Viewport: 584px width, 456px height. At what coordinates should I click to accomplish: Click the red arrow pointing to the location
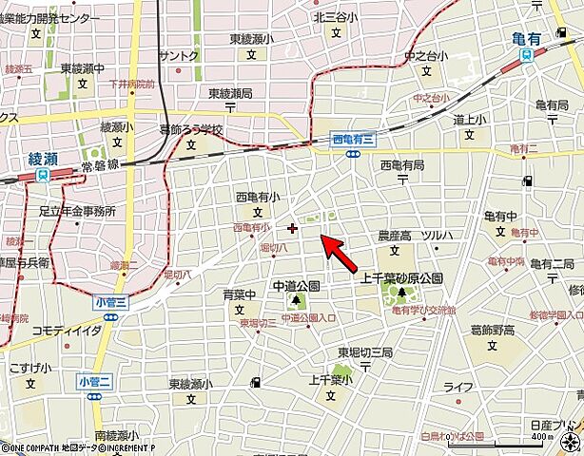point(342,253)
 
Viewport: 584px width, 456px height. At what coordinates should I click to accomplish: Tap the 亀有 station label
point(525,40)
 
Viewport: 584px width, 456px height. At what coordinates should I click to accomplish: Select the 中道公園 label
point(296,285)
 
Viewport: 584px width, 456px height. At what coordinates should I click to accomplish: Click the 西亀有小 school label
point(258,197)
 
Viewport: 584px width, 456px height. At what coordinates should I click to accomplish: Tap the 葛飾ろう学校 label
point(190,130)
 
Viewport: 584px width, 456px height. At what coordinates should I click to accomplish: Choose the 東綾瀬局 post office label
point(230,93)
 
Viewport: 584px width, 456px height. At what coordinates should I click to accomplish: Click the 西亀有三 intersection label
point(354,140)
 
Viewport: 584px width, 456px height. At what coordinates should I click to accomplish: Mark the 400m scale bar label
point(568,449)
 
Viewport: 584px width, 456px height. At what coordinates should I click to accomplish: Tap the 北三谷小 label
point(335,16)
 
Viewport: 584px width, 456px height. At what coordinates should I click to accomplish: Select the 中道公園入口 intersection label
point(308,318)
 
